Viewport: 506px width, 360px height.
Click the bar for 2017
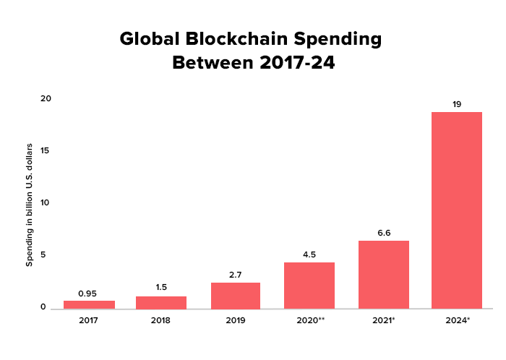(x=89, y=304)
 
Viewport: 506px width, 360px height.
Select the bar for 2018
(x=161, y=302)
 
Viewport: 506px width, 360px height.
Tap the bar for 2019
(x=236, y=296)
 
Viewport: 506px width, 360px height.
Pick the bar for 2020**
(x=309, y=286)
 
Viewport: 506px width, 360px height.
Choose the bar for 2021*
(x=383, y=275)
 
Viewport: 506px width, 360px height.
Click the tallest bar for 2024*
(x=457, y=210)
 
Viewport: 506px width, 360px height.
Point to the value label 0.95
(x=87, y=293)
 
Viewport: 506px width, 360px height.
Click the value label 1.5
(x=161, y=287)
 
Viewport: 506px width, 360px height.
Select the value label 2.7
(x=236, y=275)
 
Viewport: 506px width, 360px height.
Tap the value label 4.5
(x=309, y=254)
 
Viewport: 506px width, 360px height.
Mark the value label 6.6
(x=383, y=233)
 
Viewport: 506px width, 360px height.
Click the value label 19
(x=457, y=104)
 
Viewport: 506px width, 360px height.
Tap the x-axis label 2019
(x=236, y=319)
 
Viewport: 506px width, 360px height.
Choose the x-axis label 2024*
(x=457, y=319)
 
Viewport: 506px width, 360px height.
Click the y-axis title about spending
(x=30, y=205)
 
